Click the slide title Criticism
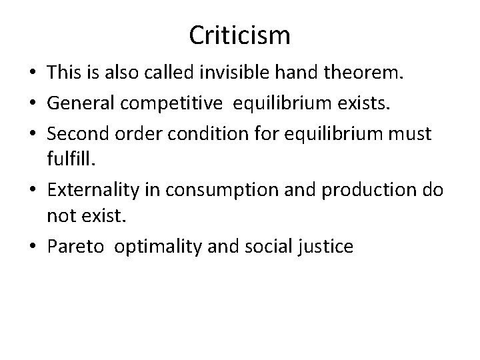pyautogui.click(x=239, y=35)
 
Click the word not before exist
pyautogui.click(x=59, y=217)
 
